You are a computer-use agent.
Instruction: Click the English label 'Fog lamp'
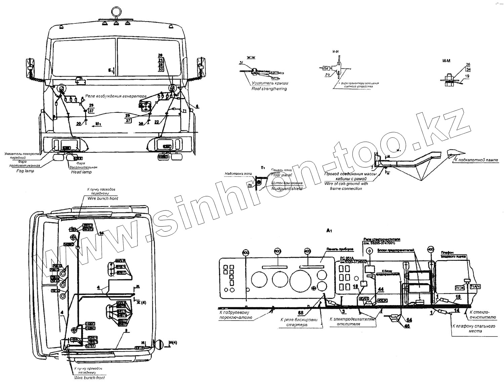coord(25,171)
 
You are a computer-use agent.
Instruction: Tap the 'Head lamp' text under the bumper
coord(81,172)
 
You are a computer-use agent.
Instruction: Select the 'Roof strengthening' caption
coord(269,89)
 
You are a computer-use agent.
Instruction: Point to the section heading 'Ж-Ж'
coord(251,58)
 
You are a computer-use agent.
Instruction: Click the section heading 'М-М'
coord(446,61)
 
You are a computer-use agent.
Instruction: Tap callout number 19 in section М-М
coord(467,76)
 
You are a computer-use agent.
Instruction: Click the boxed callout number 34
coord(468,69)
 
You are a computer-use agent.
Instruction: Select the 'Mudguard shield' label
coord(287,188)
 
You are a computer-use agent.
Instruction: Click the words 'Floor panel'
coord(282,175)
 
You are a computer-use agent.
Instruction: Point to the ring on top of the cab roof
coord(116,11)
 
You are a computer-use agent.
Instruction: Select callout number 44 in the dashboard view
coord(381,289)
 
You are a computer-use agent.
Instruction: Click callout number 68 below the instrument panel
coord(300,313)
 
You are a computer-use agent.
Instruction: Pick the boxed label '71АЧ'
coord(474,286)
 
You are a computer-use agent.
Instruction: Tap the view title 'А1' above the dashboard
coord(329,231)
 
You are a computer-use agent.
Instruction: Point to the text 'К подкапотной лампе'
coord(476,160)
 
